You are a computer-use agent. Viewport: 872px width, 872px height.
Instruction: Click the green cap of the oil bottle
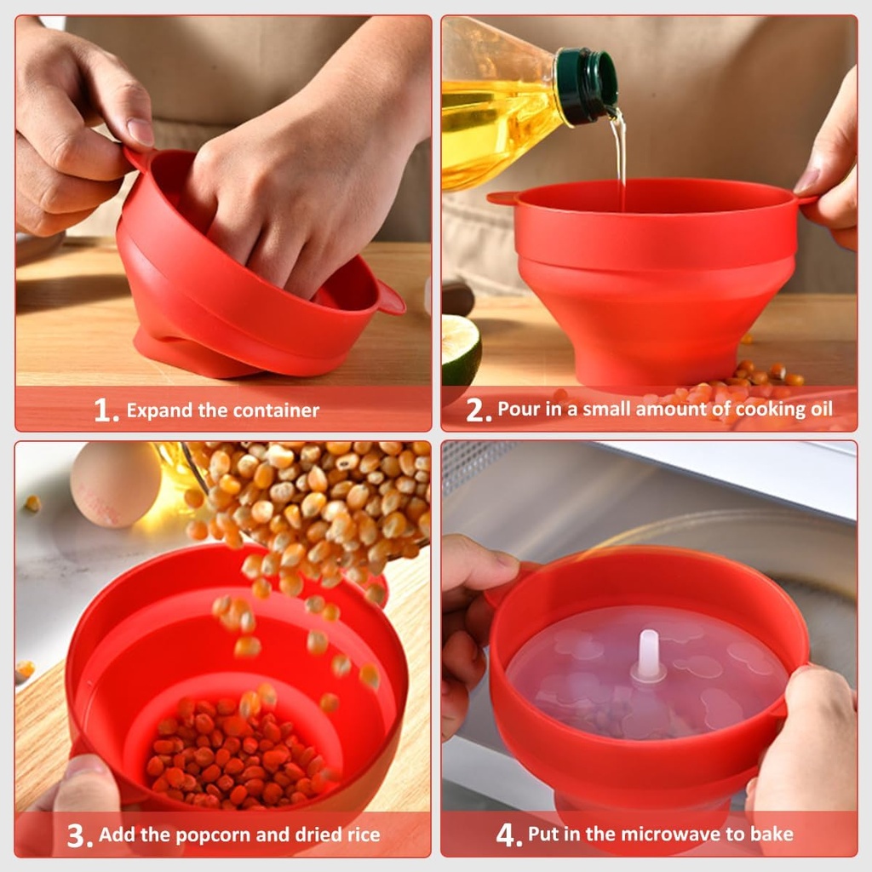click(587, 85)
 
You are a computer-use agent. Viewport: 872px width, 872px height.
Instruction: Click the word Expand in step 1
click(159, 410)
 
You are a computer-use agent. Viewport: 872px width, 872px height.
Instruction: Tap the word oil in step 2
click(818, 410)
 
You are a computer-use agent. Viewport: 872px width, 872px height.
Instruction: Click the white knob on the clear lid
click(649, 655)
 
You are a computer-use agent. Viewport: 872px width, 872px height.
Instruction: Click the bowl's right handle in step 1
click(390, 298)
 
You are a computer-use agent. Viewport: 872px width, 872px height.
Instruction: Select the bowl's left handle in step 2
click(502, 198)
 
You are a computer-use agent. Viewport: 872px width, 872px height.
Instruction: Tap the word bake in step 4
click(772, 835)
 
